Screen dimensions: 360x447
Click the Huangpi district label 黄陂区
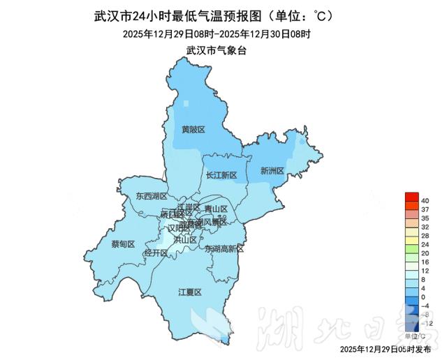point(193,130)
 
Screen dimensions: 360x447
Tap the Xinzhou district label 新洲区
point(271,170)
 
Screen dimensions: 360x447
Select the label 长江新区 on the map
point(222,175)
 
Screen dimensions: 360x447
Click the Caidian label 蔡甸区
point(123,243)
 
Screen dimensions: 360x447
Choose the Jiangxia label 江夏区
point(189,292)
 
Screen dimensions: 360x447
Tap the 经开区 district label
point(155,253)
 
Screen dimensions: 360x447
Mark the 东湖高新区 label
point(224,248)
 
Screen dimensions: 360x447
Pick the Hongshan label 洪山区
point(185,239)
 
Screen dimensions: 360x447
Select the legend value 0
point(424,297)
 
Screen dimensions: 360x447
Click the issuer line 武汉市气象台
point(217,50)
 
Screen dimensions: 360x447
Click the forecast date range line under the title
point(217,33)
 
